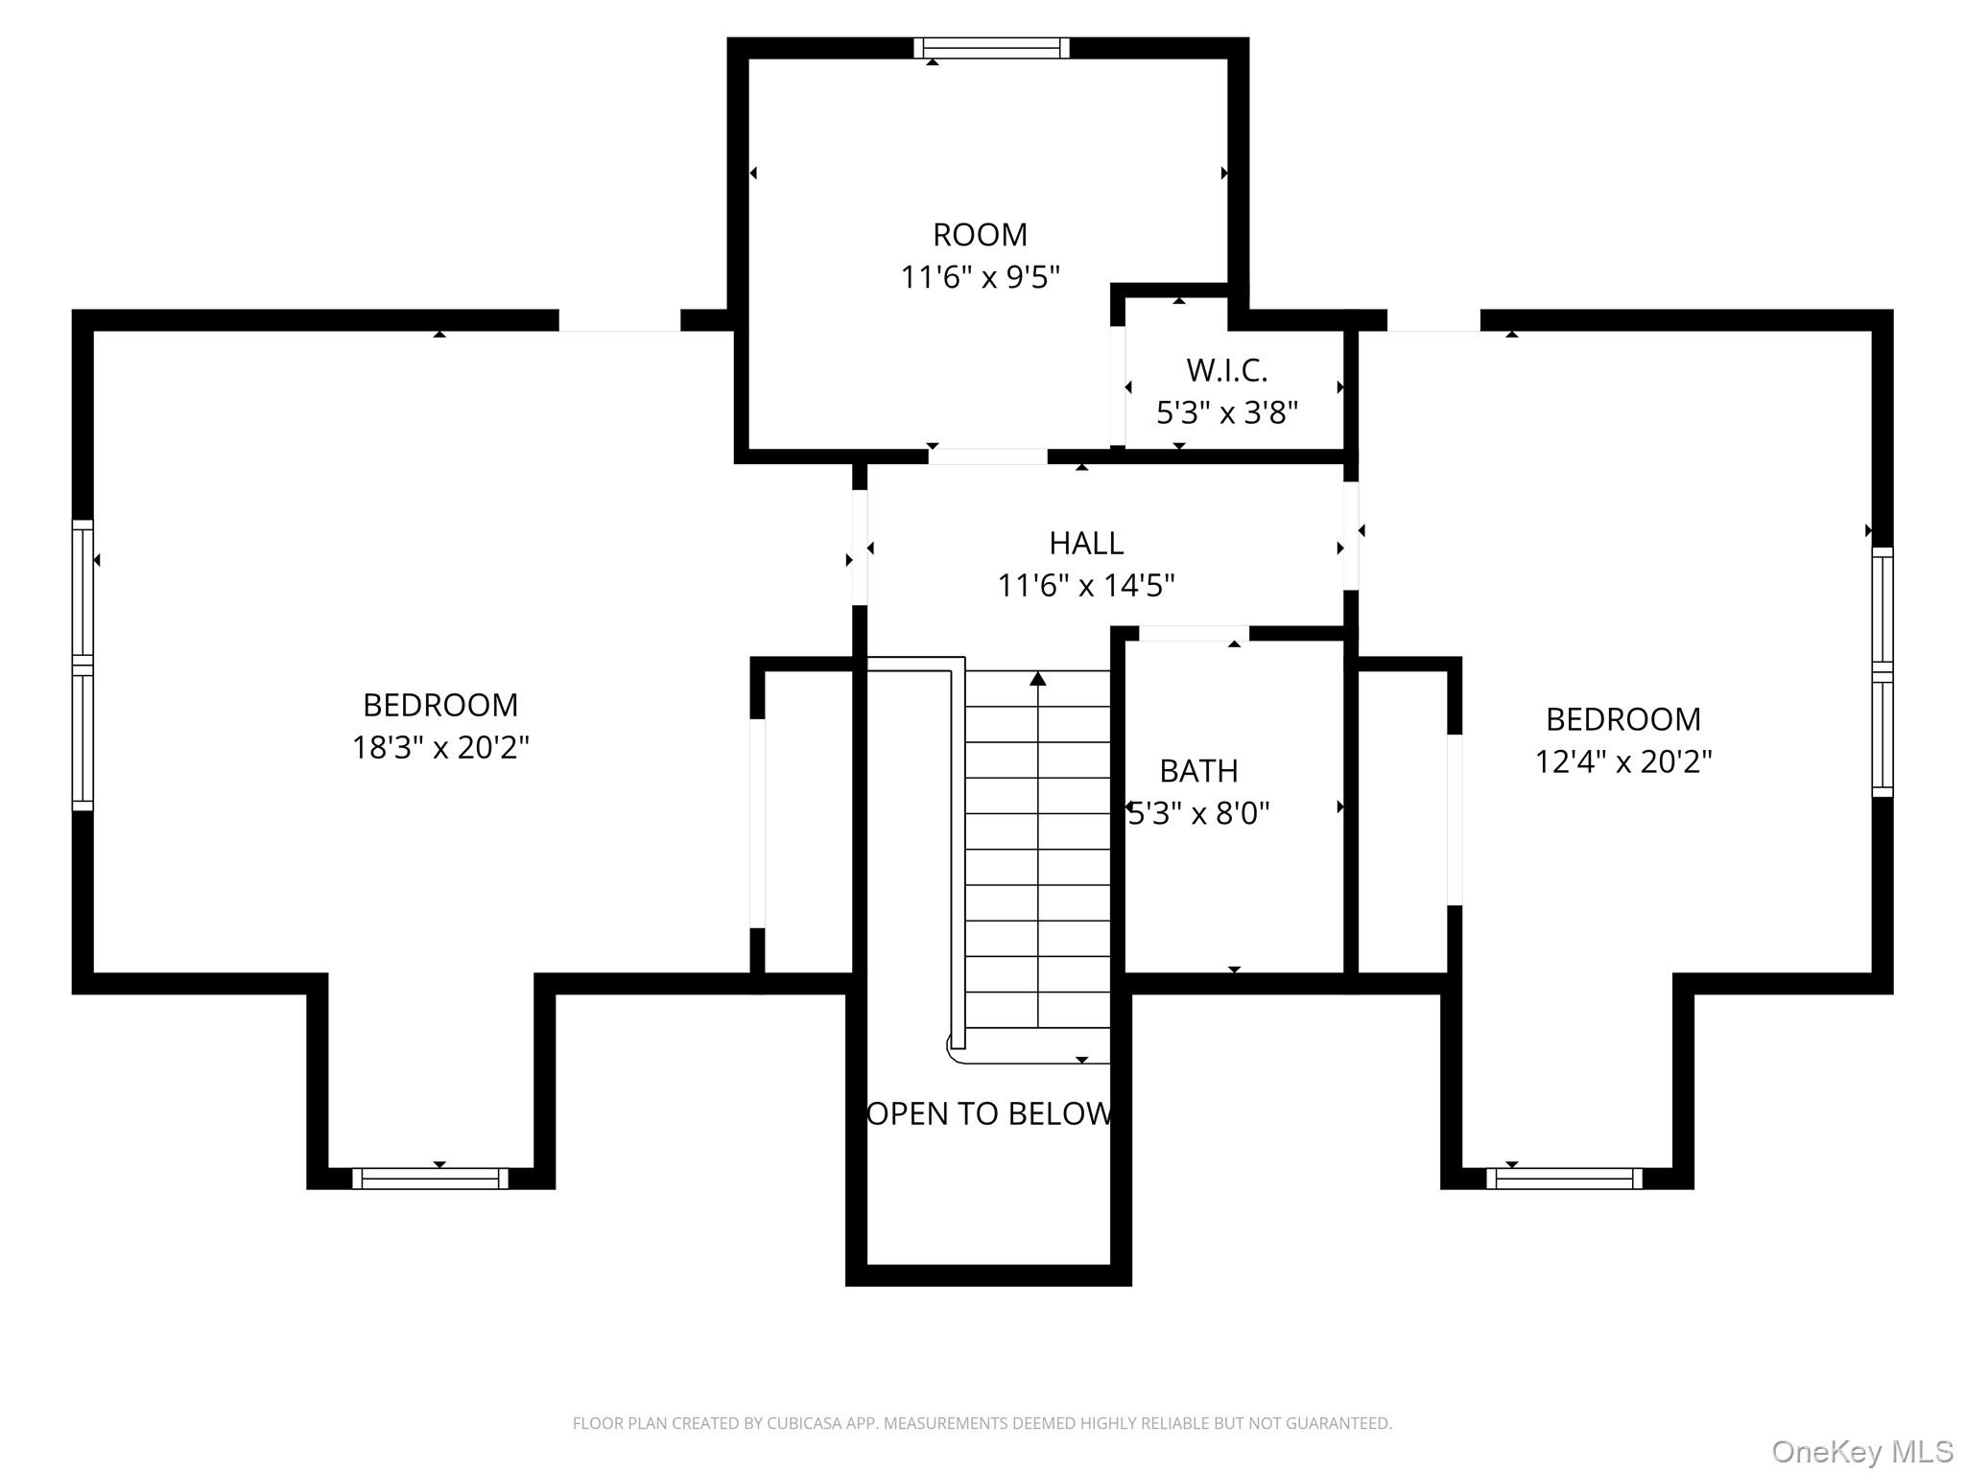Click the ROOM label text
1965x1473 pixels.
tap(980, 234)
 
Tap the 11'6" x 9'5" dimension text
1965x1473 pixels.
tap(980, 277)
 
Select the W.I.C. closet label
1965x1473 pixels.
tap(1226, 370)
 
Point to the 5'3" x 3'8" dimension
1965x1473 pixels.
tap(1226, 412)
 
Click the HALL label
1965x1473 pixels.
tap(1086, 543)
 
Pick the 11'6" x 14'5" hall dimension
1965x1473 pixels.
tap(1086, 585)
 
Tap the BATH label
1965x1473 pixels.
tap(1198, 770)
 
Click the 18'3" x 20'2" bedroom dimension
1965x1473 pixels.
tap(440, 747)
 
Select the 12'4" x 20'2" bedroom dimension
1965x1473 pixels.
tap(1623, 761)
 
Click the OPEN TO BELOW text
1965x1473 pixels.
tap(989, 1113)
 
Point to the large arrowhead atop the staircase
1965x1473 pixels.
tap(1038, 679)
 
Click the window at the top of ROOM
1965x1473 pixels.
tap(991, 48)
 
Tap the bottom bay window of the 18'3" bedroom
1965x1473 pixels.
tap(431, 1179)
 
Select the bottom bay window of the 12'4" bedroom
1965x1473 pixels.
tap(1565, 1179)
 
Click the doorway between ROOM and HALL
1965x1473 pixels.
tap(987, 456)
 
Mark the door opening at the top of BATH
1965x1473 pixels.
tap(1194, 633)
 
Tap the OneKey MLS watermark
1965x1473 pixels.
tap(1862, 1451)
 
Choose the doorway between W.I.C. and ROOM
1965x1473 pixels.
tap(1118, 386)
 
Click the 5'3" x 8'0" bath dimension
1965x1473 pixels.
tap(1198, 813)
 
